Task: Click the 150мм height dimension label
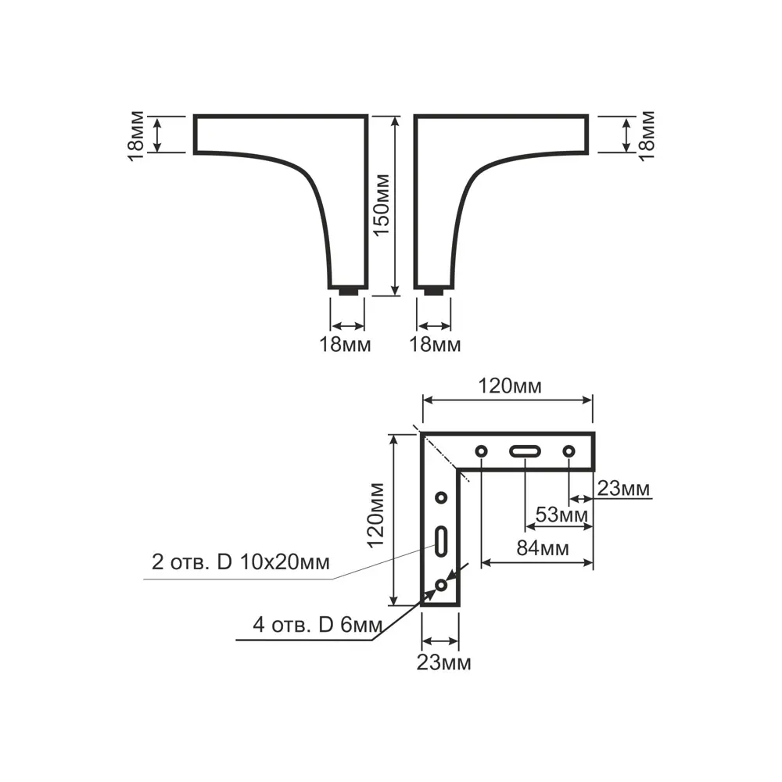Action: click(x=382, y=204)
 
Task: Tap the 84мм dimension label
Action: click(x=543, y=548)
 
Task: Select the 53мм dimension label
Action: click(x=561, y=515)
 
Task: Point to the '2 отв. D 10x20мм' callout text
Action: click(x=240, y=562)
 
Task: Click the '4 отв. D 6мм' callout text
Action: click(x=317, y=624)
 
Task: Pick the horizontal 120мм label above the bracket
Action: click(x=510, y=386)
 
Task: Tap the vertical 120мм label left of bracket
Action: click(x=375, y=515)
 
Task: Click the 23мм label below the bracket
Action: click(x=443, y=663)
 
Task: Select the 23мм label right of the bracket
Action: click(x=623, y=489)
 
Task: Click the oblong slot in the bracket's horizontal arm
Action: click(x=525, y=451)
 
